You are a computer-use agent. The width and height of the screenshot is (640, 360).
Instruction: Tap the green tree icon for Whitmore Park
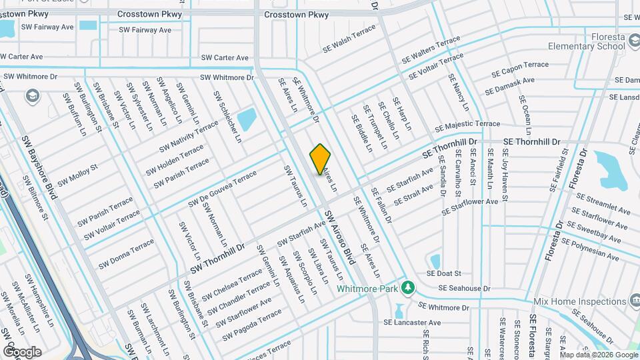407,289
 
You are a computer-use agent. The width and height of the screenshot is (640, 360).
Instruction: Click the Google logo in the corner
22,351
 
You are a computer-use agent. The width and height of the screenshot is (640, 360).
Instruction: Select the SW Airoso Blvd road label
340,235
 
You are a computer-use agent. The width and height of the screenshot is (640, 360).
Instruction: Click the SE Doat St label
444,273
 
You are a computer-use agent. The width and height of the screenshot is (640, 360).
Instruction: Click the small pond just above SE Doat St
435,260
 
